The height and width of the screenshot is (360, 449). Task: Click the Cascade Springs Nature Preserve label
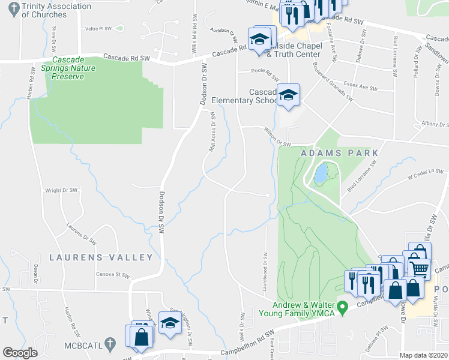(x=76, y=68)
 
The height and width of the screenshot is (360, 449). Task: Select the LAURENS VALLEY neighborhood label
(x=101, y=257)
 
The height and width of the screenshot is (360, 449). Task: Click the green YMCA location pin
(x=343, y=309)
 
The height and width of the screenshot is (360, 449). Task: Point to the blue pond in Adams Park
(x=321, y=174)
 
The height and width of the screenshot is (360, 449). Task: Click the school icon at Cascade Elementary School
(x=288, y=95)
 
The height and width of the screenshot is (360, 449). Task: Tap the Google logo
(x=20, y=353)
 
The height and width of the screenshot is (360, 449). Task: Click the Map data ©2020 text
(x=424, y=355)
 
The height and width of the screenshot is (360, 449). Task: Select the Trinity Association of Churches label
(x=56, y=10)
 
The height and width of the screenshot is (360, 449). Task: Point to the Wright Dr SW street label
(x=62, y=191)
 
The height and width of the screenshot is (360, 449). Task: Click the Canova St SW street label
(x=112, y=275)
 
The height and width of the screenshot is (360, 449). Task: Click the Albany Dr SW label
(x=434, y=125)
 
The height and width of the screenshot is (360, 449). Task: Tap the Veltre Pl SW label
(x=98, y=28)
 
